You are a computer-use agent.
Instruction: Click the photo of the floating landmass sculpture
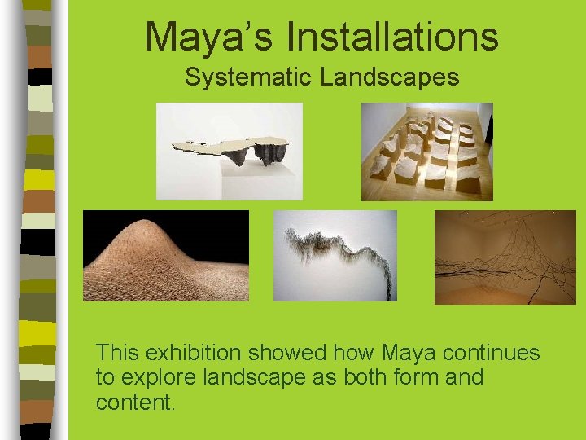point(229,151)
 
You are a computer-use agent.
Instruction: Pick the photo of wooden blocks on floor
point(426,151)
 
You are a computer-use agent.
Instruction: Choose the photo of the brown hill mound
point(165,256)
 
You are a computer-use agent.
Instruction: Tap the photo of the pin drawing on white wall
point(335,256)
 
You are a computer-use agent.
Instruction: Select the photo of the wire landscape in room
point(505,257)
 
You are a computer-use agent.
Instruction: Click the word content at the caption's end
point(133,403)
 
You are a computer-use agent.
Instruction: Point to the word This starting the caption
point(115,353)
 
